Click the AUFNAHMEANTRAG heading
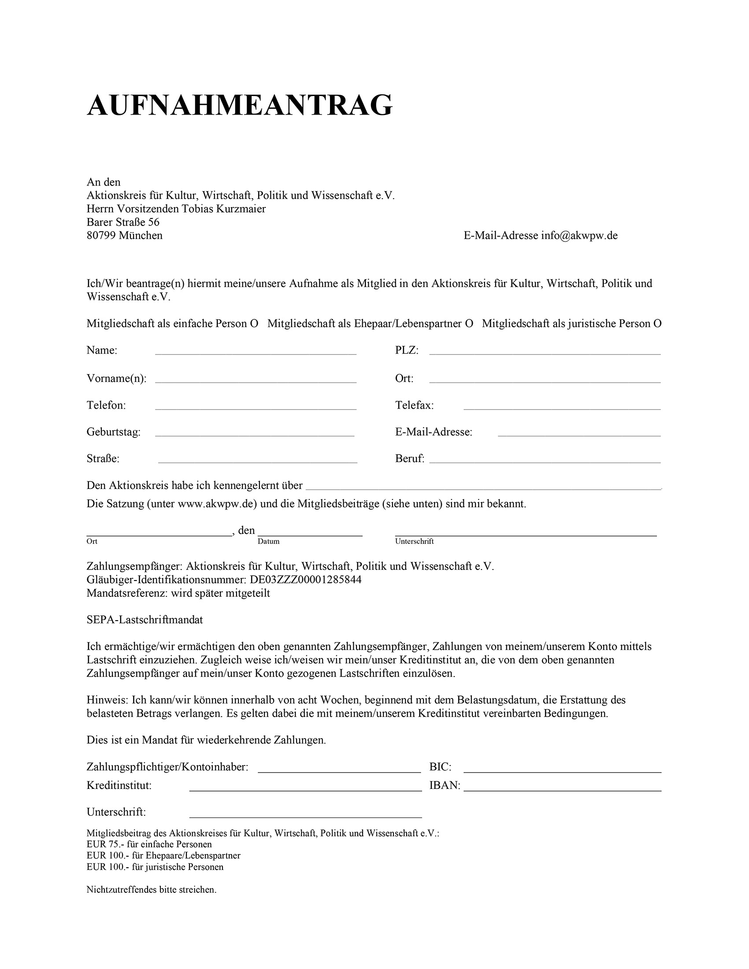240,106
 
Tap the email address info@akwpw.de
579,236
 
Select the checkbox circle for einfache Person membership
254,323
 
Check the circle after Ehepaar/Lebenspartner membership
469,323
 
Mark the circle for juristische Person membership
657,323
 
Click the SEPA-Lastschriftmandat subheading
145,620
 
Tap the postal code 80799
101,236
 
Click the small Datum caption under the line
268,541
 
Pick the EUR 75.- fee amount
105,844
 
